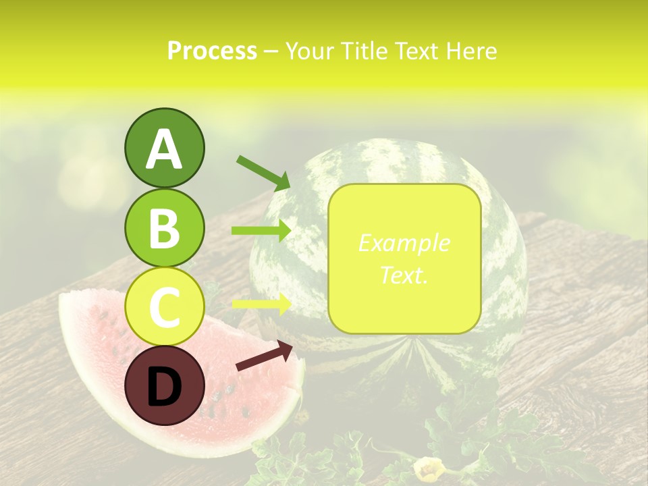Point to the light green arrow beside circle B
(261, 231)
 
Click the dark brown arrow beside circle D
(264, 356)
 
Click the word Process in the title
(212, 51)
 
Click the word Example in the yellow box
(404, 243)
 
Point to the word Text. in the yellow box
(404, 275)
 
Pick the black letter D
(164, 386)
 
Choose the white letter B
(164, 228)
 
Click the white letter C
(164, 307)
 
